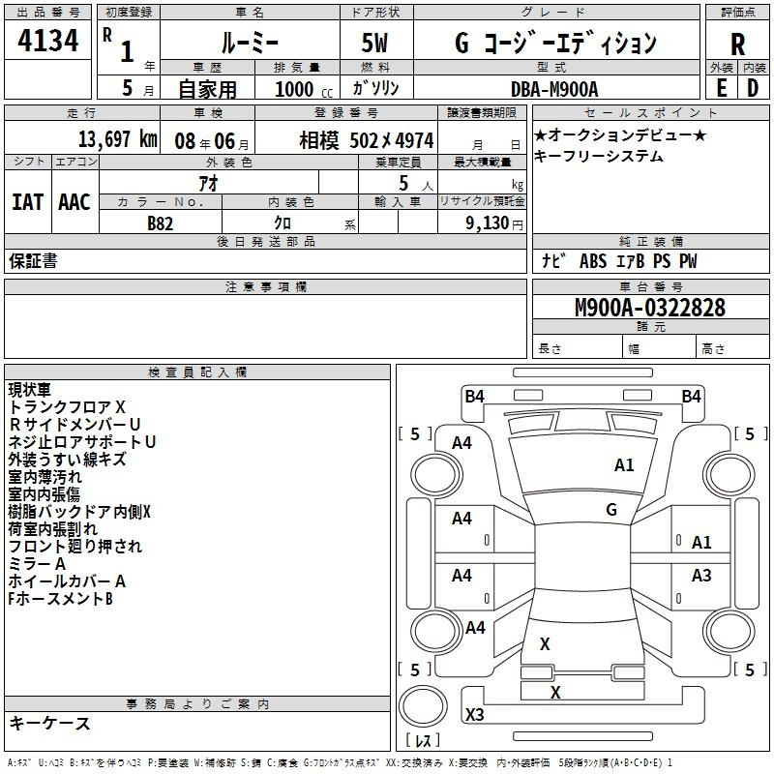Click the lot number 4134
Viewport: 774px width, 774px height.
(x=47, y=41)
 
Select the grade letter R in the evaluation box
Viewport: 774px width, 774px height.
(x=737, y=45)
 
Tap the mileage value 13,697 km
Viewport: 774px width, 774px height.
(x=118, y=139)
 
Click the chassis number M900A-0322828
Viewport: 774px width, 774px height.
(x=650, y=308)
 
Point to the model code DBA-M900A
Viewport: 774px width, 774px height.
(x=554, y=89)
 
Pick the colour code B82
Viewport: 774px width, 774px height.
(x=161, y=223)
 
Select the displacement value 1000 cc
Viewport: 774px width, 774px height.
(x=304, y=89)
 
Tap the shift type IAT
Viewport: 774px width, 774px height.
(x=28, y=202)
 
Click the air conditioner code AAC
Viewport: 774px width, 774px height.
(x=74, y=202)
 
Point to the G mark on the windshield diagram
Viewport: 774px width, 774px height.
(x=611, y=510)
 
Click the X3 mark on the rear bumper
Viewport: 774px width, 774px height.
(x=475, y=714)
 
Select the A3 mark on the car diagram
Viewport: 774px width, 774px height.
(x=701, y=576)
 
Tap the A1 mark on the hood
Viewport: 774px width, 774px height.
(x=624, y=465)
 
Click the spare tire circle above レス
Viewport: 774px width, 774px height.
(x=423, y=706)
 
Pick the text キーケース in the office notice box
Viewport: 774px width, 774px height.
(x=50, y=723)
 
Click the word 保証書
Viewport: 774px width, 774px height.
(x=33, y=260)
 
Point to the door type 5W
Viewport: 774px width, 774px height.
(x=374, y=43)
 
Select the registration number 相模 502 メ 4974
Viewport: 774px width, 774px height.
(x=367, y=140)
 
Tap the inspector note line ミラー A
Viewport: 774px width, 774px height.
(x=37, y=564)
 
